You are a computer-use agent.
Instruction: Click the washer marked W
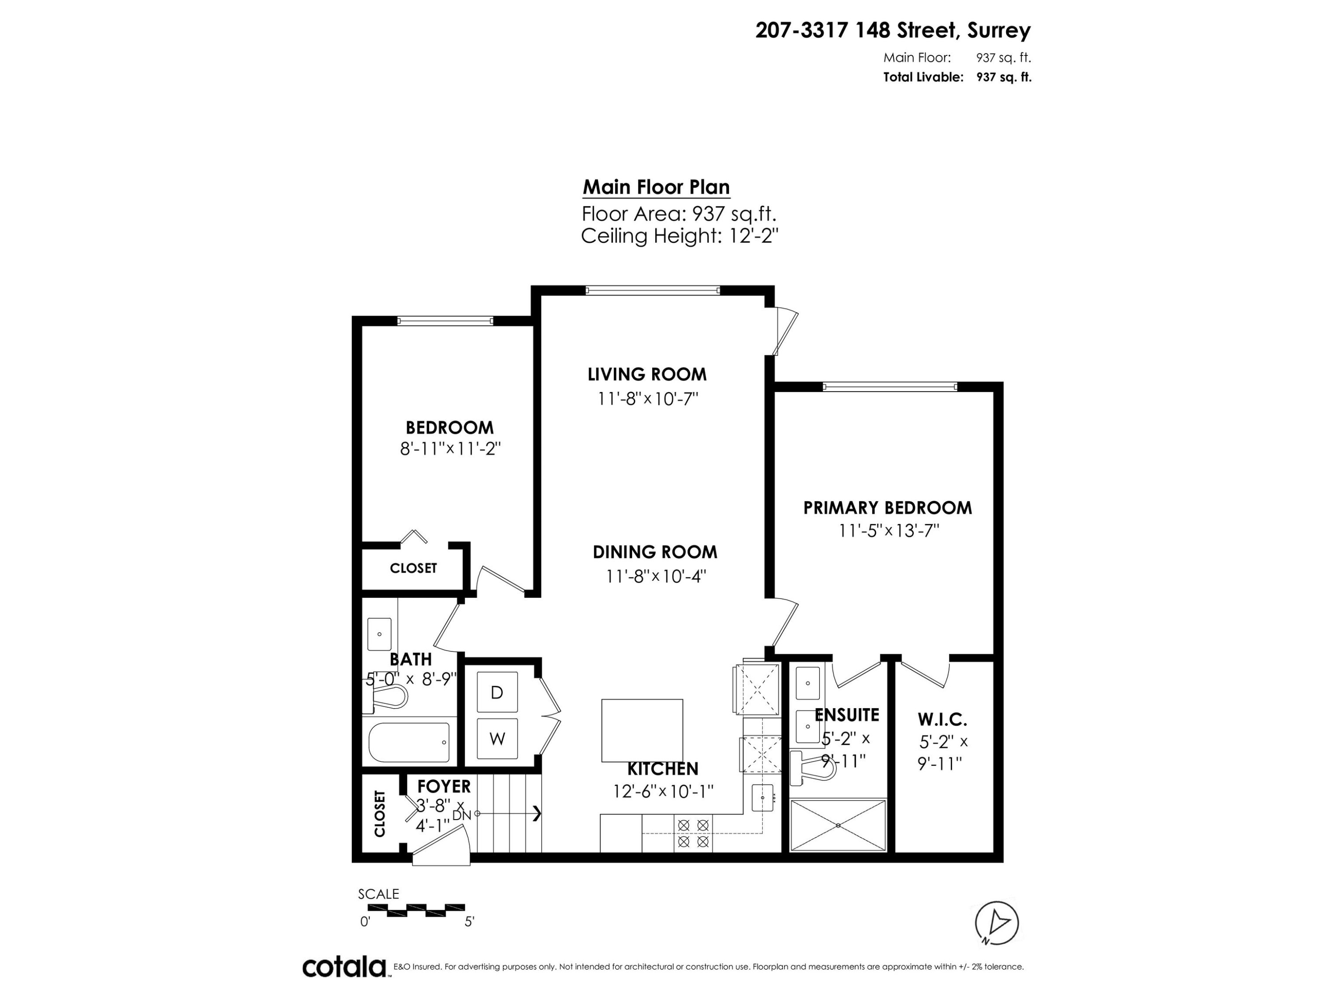pos(497,739)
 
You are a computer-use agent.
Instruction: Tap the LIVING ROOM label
pos(647,374)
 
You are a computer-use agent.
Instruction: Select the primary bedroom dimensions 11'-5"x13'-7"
pos(888,531)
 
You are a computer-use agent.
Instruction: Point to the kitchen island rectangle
pos(641,730)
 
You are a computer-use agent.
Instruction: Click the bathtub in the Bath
pos(409,742)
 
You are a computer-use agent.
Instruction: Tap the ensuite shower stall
pos(838,825)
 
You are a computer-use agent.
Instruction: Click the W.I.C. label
pos(942,720)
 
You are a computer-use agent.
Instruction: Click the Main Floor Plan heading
pos(656,187)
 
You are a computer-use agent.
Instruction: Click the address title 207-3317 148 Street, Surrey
pos(892,30)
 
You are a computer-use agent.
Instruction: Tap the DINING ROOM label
pos(655,552)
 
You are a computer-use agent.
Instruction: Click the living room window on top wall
pos(653,291)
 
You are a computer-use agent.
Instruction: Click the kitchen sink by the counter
pos(763,797)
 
